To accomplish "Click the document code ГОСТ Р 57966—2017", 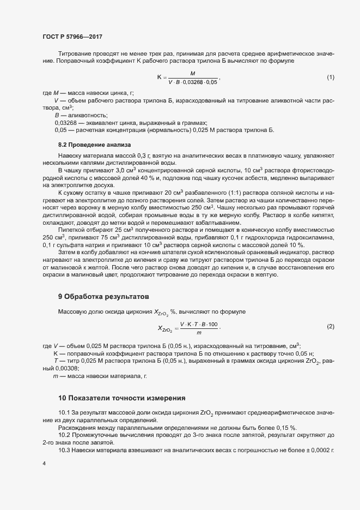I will pos(72,37).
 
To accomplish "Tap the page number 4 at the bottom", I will pos(44,464).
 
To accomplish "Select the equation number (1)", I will pos(330,77).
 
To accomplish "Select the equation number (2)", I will pos(330,326).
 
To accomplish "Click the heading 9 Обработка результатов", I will pos(103,297).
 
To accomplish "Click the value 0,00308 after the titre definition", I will pos(66,368).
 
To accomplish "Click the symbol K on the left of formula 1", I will pos(159,77).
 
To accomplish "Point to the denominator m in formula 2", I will pos(199,332).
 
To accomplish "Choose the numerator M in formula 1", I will pos(193,73).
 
